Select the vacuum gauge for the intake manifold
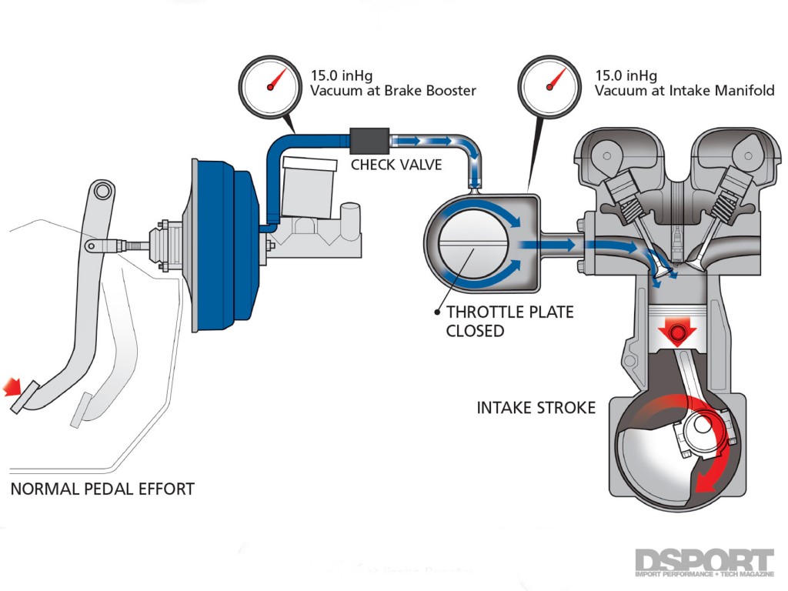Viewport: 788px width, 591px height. pos(550,86)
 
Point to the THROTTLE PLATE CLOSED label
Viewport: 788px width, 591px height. pos(509,322)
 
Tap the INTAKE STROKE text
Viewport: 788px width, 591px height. pos(536,408)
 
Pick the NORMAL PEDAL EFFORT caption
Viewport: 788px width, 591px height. pos(102,489)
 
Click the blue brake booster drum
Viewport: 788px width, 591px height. pos(223,246)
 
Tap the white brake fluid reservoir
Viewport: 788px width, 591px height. pos(308,185)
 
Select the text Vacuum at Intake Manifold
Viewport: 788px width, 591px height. pos(684,91)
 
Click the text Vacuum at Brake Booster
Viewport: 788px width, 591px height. pos(392,91)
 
